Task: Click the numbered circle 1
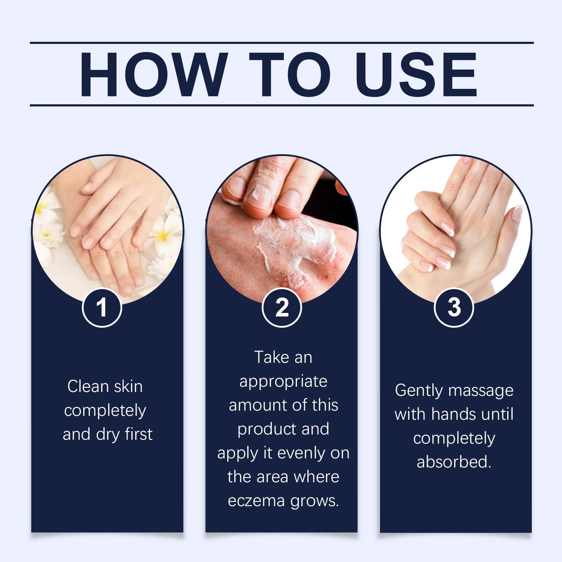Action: (x=102, y=307)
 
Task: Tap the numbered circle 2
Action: (x=282, y=307)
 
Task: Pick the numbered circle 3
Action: (x=454, y=307)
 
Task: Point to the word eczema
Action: (x=256, y=501)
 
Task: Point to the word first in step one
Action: (x=139, y=434)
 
